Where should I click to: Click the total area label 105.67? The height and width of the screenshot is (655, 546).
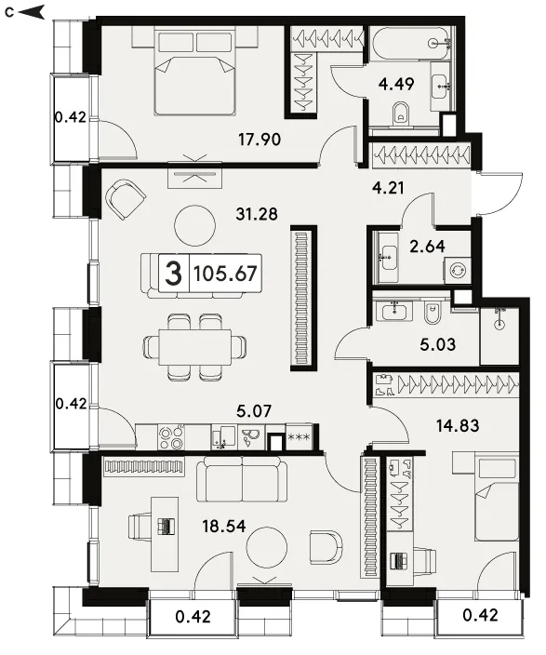click(225, 274)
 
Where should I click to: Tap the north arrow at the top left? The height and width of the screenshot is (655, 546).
click(32, 12)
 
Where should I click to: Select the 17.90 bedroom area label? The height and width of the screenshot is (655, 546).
click(260, 140)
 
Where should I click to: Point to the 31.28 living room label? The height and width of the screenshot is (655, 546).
click(257, 214)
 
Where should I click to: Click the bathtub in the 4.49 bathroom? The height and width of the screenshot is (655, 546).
click(410, 44)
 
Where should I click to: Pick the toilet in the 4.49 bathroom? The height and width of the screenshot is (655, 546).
click(402, 114)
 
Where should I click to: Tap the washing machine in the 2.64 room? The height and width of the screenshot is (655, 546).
click(458, 270)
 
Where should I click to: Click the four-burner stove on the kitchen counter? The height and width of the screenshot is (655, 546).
click(171, 437)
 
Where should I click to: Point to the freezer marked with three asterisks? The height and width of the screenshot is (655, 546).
click(300, 437)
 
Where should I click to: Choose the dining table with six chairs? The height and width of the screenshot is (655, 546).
click(194, 347)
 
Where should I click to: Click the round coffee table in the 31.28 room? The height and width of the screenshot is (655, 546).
click(194, 226)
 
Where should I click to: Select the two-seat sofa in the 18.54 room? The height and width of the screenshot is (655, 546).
click(242, 480)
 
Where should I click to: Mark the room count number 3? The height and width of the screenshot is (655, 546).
click(173, 274)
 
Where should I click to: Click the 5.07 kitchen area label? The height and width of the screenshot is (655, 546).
click(254, 411)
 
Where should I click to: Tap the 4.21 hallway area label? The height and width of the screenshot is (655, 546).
click(388, 188)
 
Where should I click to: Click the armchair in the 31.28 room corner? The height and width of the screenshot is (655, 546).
click(125, 198)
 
